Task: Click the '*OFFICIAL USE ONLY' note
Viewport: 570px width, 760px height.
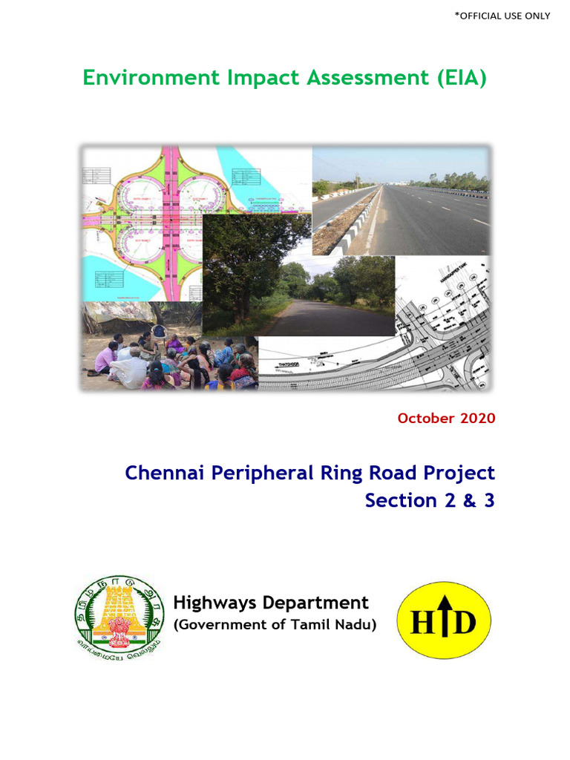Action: pos(502,16)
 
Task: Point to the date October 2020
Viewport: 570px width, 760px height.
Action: pos(446,418)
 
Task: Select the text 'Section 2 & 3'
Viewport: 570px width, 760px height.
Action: pos(429,501)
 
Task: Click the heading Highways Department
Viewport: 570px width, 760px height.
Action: pos(270,603)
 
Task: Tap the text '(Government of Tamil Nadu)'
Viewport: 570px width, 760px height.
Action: pos(275,625)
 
